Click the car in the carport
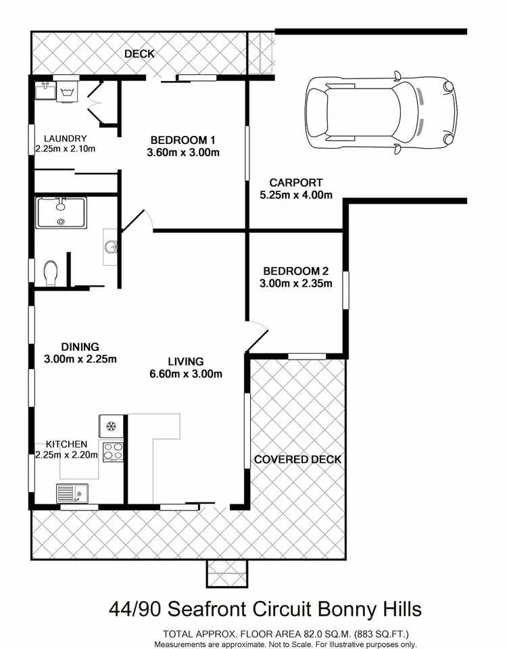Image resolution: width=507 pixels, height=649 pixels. [x=381, y=112]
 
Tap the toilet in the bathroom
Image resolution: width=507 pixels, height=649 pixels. [x=51, y=273]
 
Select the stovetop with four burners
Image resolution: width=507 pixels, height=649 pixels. [x=112, y=451]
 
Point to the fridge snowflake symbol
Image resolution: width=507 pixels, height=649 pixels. [x=112, y=427]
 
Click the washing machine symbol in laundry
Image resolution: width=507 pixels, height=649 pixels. [x=67, y=92]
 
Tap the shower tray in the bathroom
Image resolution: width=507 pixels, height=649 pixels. [x=61, y=212]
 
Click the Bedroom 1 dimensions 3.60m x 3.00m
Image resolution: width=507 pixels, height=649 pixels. [x=183, y=152]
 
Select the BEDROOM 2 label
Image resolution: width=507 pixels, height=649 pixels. [x=297, y=271]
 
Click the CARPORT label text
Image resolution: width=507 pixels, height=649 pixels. [x=295, y=183]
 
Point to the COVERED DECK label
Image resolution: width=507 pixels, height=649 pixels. [x=297, y=460]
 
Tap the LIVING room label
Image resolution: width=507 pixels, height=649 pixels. [x=187, y=362]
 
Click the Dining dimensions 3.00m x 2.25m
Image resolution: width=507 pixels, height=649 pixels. [x=80, y=359]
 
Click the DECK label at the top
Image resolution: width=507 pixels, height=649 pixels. [x=139, y=54]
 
